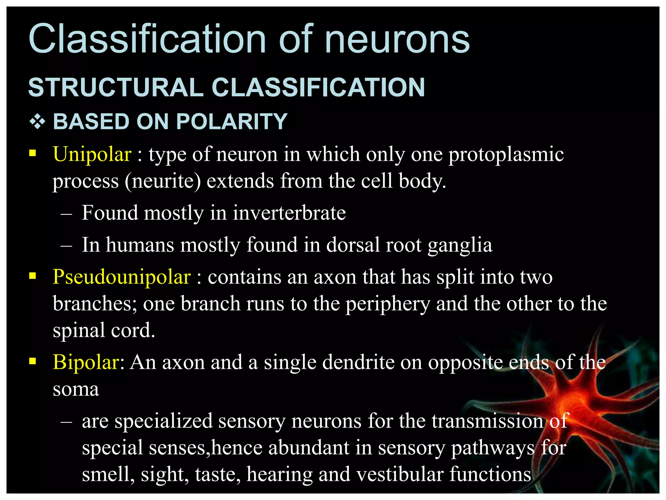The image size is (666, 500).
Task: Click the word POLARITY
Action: pos(232,122)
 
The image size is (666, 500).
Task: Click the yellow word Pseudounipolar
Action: pos(122,277)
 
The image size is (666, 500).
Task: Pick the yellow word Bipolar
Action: pos(86,362)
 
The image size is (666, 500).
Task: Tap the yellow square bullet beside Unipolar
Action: pos(33,153)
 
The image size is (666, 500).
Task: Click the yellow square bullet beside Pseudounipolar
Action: pos(33,276)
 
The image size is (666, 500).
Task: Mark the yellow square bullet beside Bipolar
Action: pos(33,361)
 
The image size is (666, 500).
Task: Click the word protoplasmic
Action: pos(506,155)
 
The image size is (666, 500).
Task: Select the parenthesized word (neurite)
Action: pos(163,181)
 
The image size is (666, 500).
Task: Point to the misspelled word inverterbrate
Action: pos(289,213)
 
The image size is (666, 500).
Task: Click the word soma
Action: pos(76,389)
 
